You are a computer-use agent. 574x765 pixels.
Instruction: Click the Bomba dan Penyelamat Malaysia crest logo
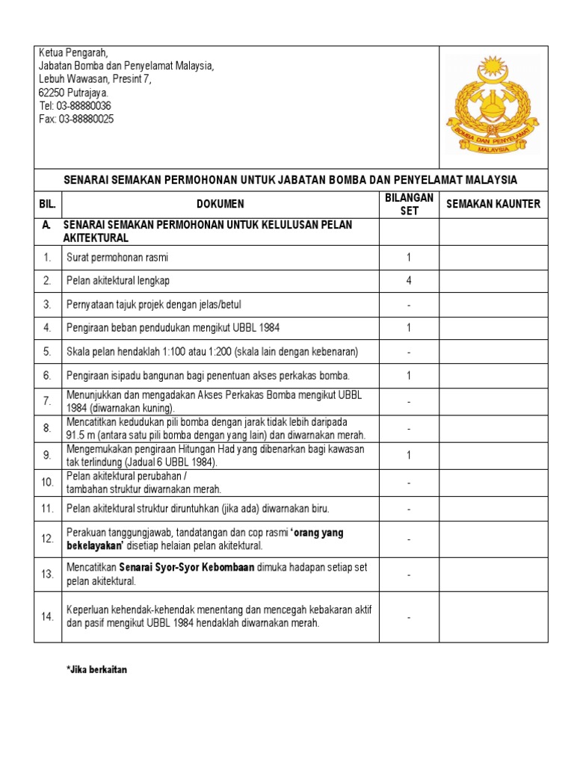point(493,105)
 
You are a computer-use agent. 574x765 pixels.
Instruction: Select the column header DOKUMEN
point(220,204)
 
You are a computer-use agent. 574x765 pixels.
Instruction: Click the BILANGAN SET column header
point(409,204)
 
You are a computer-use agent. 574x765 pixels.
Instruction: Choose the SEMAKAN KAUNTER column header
point(493,204)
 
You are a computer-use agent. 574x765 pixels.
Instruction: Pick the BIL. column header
point(48,204)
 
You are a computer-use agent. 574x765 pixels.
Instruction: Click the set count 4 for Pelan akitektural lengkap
point(409,281)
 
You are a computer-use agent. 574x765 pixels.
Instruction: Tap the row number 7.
point(47,401)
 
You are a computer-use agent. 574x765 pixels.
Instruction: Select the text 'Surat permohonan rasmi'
point(117,258)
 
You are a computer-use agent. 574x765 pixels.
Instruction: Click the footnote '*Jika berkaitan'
point(97,670)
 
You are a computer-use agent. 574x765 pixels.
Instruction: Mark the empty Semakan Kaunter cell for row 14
point(493,617)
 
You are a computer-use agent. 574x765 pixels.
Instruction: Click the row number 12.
point(47,539)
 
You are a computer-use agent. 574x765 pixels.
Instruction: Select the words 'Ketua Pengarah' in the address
point(73,52)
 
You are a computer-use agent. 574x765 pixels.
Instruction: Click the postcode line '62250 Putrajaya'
point(73,93)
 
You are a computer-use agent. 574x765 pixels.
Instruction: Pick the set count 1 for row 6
point(409,376)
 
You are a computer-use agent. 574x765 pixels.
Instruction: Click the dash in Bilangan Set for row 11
point(409,509)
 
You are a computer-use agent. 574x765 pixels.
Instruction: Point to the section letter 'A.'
point(47,225)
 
